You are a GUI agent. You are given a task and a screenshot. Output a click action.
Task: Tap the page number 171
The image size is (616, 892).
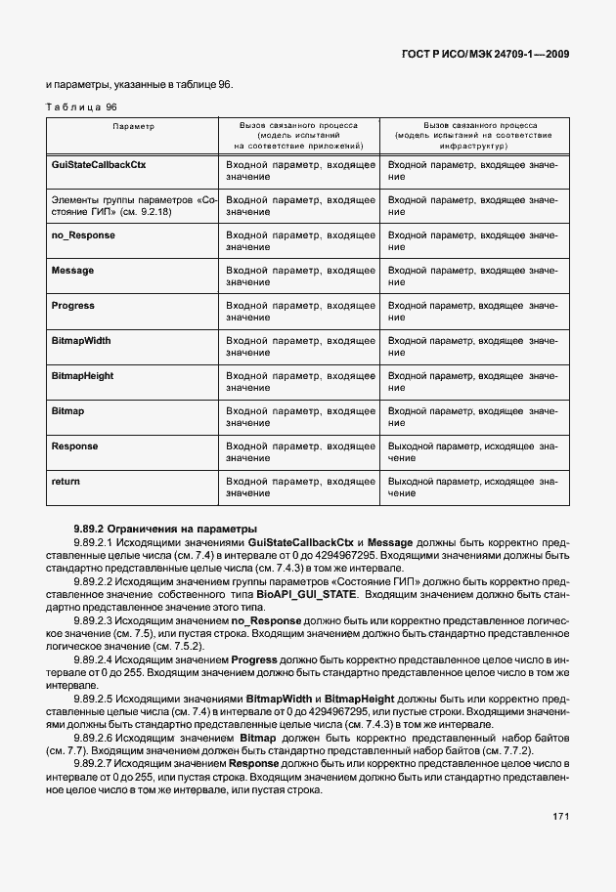[x=559, y=815]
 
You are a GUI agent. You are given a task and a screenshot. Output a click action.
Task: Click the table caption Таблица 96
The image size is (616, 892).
[x=83, y=106]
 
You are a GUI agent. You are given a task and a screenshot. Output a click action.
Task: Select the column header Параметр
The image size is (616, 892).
[x=133, y=126]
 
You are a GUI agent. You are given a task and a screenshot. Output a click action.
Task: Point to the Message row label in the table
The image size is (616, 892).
[x=72, y=271]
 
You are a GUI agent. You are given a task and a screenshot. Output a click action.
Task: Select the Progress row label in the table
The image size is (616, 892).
[x=73, y=306]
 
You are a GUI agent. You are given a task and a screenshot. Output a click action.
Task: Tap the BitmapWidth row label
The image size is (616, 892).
[x=80, y=341]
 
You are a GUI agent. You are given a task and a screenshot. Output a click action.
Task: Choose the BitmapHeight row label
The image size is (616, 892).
[x=82, y=376]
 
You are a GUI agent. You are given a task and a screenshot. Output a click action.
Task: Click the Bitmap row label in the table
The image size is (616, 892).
[x=67, y=411]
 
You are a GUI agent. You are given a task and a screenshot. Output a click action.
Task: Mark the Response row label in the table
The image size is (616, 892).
[x=74, y=446]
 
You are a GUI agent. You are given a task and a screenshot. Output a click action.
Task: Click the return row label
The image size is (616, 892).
[x=66, y=482]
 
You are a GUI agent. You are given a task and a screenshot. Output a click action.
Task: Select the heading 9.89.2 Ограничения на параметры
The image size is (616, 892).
[x=164, y=529]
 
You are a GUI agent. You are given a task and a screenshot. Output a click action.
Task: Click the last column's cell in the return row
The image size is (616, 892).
[x=473, y=488]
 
